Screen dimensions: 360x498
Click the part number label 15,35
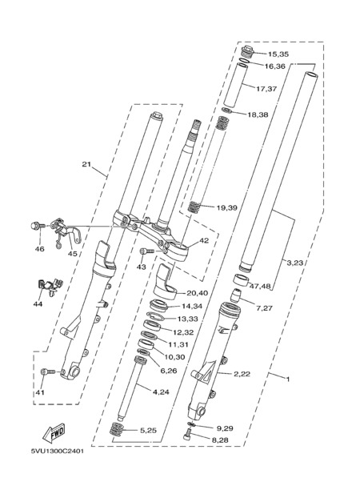(278, 54)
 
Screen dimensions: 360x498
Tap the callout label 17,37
(266, 89)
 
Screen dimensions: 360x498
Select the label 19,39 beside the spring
(226, 208)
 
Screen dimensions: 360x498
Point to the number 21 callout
(86, 164)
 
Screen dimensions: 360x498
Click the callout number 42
(204, 241)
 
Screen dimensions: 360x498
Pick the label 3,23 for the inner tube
(295, 263)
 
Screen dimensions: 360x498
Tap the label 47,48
(260, 287)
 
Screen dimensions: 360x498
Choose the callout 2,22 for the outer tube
(242, 374)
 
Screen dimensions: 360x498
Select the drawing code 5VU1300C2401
(58, 452)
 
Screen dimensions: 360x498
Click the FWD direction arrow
(54, 433)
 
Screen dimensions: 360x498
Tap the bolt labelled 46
(35, 226)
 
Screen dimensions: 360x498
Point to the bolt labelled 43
(146, 251)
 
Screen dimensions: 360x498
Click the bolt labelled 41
(48, 371)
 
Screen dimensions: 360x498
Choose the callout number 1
(288, 380)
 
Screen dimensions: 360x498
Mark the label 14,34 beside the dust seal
(192, 307)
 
